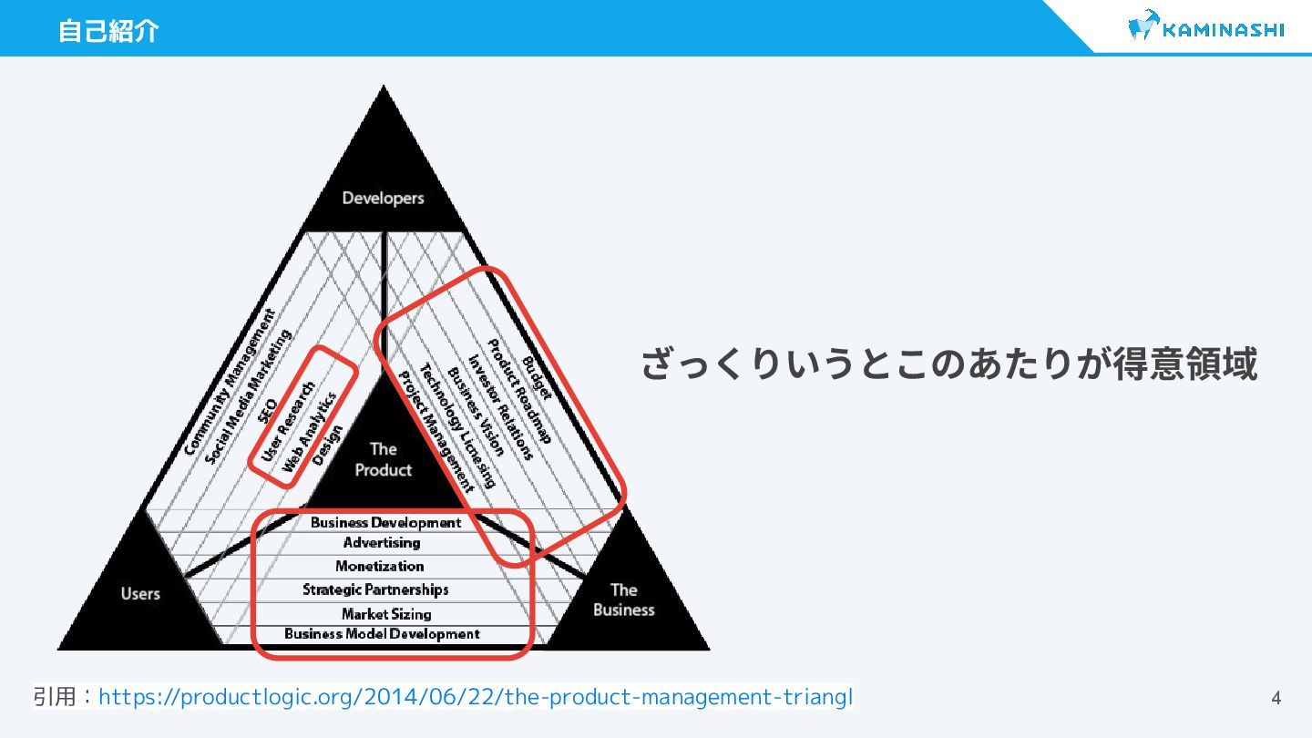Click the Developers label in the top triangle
point(383,198)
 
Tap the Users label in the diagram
point(140,594)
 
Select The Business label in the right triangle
point(623,600)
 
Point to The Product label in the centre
point(383,459)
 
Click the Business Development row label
point(385,522)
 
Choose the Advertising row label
point(382,543)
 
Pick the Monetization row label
point(379,566)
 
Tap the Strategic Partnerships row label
point(375,589)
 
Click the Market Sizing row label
point(386,613)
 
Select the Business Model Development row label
point(382,634)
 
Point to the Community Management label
point(229,383)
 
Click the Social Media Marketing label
point(248,397)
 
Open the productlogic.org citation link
point(476,698)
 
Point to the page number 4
point(1276,699)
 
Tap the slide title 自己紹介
point(108,31)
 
